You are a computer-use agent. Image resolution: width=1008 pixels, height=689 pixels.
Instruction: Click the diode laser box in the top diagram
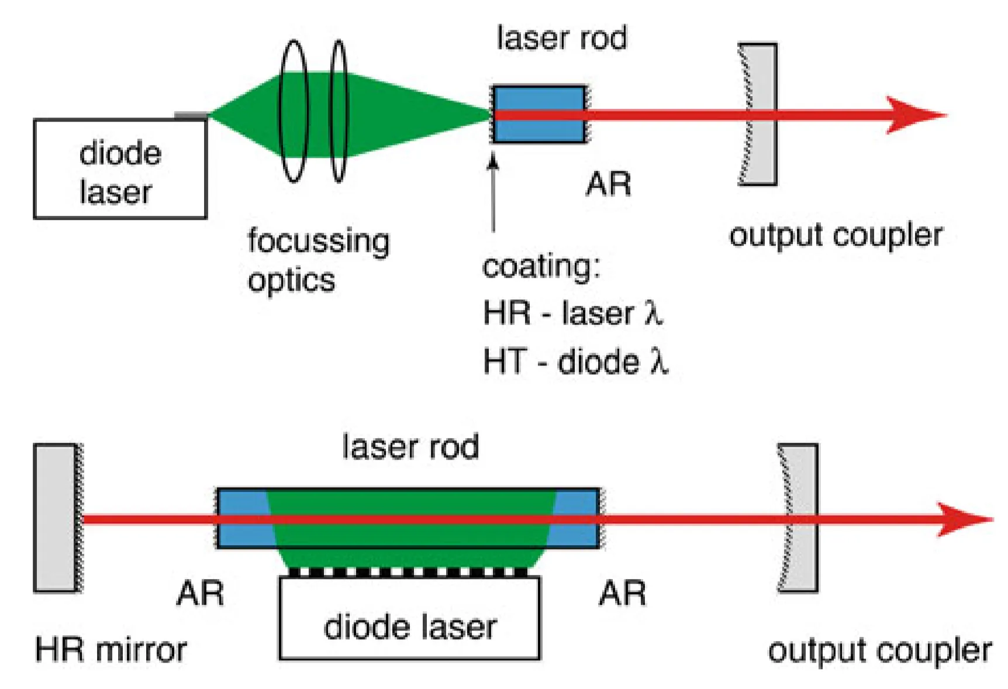pyautogui.click(x=120, y=170)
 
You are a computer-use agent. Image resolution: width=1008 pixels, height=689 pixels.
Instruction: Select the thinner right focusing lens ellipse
pyautogui.click(x=339, y=111)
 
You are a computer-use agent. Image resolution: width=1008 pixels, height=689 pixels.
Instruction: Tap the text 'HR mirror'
pyautogui.click(x=111, y=650)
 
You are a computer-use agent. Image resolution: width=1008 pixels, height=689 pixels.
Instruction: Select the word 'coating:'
pyautogui.click(x=541, y=267)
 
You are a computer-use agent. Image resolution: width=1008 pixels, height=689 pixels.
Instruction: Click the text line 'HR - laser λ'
pyautogui.click(x=573, y=313)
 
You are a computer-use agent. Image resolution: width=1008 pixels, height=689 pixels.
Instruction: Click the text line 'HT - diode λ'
pyautogui.click(x=575, y=361)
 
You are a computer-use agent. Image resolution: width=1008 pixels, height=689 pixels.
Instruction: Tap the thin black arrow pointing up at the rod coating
pyautogui.click(x=493, y=193)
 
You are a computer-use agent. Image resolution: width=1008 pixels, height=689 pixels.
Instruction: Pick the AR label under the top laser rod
pyautogui.click(x=609, y=185)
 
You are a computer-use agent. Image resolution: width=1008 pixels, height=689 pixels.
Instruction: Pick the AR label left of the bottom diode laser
pyautogui.click(x=201, y=594)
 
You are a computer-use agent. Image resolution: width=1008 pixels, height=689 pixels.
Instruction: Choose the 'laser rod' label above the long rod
pyautogui.click(x=410, y=447)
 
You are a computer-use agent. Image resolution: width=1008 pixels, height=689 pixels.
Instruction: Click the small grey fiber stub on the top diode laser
pyautogui.click(x=191, y=116)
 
